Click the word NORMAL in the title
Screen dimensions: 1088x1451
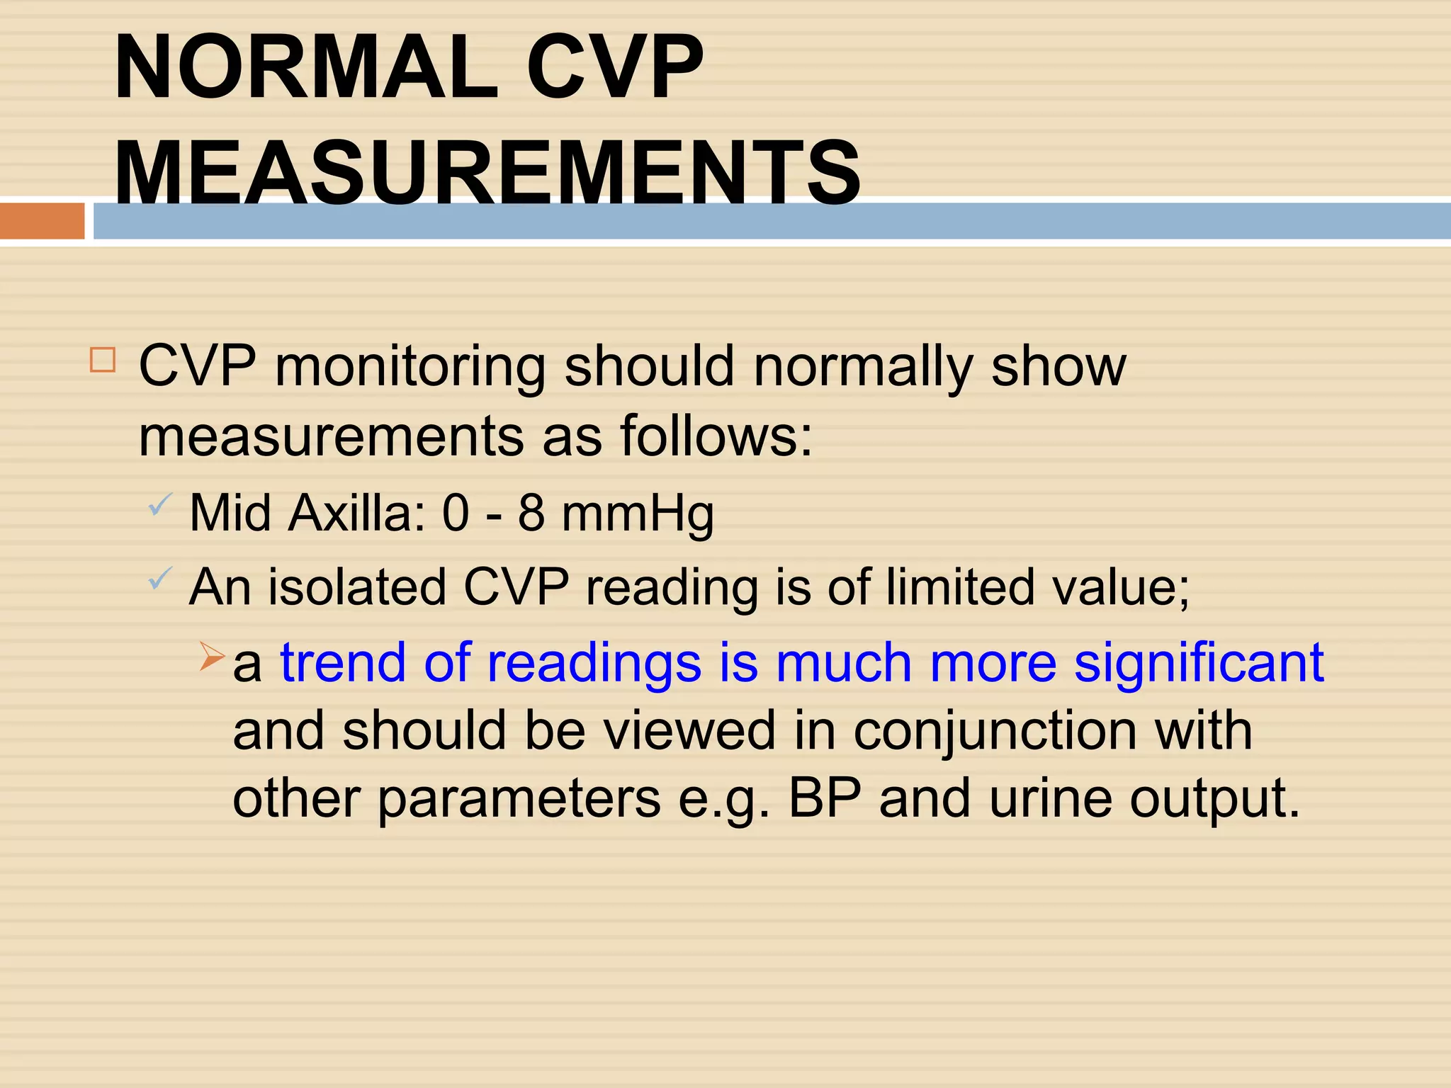tap(306, 69)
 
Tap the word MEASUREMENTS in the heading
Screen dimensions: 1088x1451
tap(487, 174)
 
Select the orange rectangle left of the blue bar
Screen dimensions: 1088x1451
tap(42, 220)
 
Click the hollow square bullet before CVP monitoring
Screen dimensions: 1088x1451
tap(103, 360)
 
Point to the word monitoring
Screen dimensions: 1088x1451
tap(410, 367)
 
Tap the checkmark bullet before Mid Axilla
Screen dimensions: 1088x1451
tap(160, 505)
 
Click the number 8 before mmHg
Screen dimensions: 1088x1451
tap(531, 513)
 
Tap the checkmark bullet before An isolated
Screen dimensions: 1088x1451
tap(160, 579)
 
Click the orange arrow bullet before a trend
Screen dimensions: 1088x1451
tap(212, 656)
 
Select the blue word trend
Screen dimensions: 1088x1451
tap(344, 663)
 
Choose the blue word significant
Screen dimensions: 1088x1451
tap(1199, 663)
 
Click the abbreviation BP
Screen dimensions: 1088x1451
tap(825, 798)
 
